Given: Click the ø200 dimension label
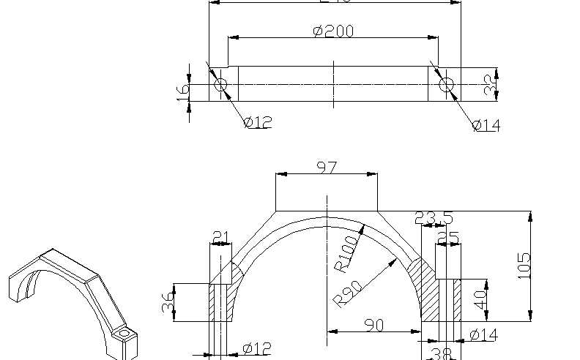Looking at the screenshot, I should tap(333, 31).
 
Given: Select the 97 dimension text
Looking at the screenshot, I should tap(327, 168).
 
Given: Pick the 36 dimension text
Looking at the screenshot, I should tap(168, 302).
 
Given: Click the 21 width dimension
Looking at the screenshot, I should tap(220, 237).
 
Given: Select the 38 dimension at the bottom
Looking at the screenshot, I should tap(440, 353).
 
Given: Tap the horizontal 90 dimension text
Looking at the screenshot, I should tap(374, 326).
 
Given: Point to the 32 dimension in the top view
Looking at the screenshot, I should tap(491, 85).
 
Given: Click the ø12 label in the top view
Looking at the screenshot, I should tap(258, 122).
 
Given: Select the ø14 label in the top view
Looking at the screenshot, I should tap(486, 125).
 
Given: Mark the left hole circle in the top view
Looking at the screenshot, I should tap(221, 85).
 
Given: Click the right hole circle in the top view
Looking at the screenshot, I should tap(447, 85).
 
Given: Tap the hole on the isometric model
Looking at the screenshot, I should tap(124, 334).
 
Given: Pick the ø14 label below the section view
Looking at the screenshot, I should tap(484, 334).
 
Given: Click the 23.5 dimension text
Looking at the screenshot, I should tap(434, 218).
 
